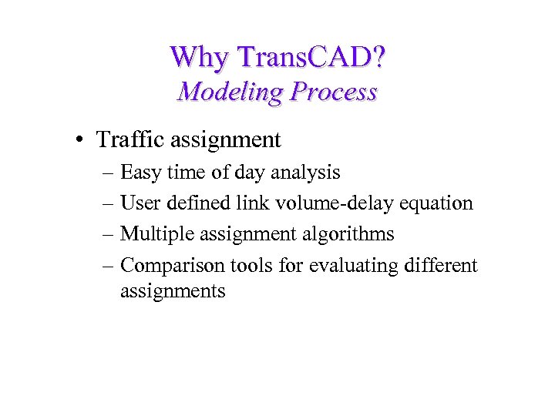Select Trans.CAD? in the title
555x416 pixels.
(x=311, y=56)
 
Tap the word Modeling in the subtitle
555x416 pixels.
(x=230, y=92)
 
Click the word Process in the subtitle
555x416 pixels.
(x=334, y=92)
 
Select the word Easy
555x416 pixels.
(x=141, y=173)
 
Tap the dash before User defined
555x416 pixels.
(x=107, y=204)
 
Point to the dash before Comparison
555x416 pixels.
(x=107, y=267)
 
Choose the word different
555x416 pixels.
(x=439, y=265)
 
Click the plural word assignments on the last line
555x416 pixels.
(x=173, y=291)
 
